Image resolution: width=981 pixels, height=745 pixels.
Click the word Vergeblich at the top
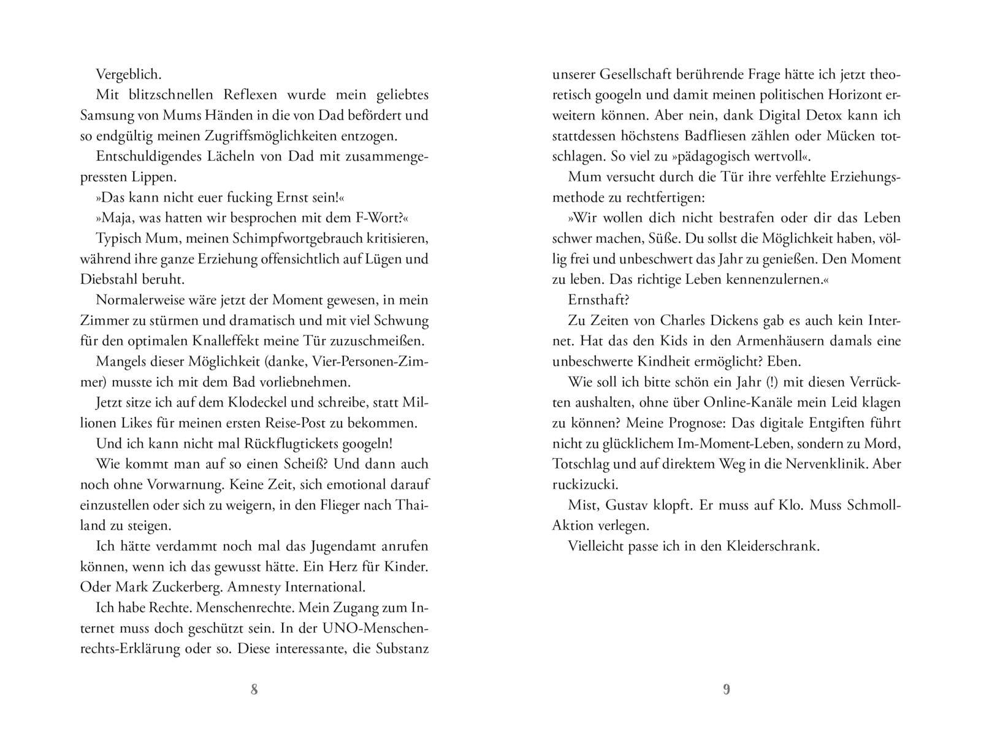[128, 75]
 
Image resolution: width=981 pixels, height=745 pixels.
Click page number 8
[254, 690]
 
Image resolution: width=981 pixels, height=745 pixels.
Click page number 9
[727, 690]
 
